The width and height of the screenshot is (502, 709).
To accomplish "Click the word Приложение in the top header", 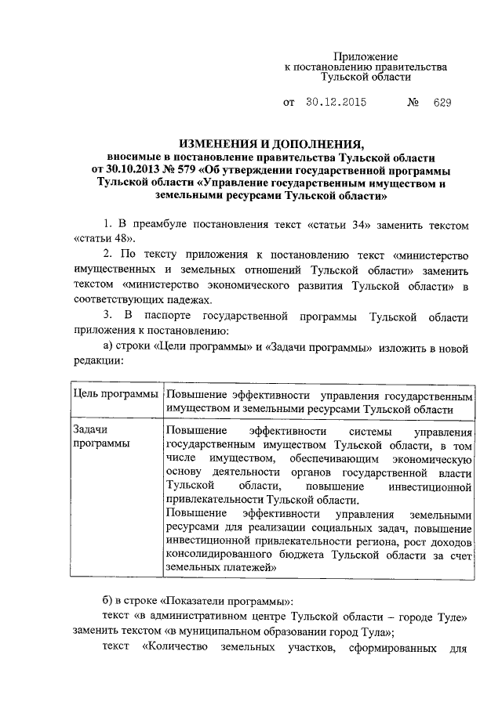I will point(366,56).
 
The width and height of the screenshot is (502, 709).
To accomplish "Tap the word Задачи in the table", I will point(89,430).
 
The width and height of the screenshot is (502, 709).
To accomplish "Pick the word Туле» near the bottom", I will point(453,616).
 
